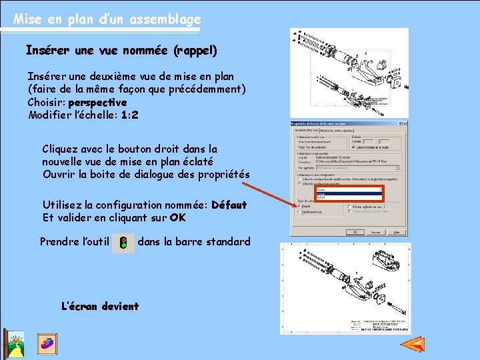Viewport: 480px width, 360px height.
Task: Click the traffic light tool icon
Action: pyautogui.click(x=123, y=243)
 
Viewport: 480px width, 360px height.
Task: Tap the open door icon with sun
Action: pyautogui.click(x=13, y=344)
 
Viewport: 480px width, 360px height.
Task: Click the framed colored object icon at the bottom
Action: pyautogui.click(x=47, y=343)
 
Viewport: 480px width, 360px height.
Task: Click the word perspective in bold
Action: pyautogui.click(x=97, y=103)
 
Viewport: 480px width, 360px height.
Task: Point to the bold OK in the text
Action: pyautogui.click(x=177, y=218)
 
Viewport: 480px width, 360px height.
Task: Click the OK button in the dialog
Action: pyautogui.click(x=358, y=233)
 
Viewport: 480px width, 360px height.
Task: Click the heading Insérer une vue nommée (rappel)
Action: pyautogui.click(x=121, y=50)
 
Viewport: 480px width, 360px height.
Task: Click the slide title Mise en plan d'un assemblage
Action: pyautogui.click(x=107, y=19)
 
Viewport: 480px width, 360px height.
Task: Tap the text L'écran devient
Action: pyautogui.click(x=99, y=307)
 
